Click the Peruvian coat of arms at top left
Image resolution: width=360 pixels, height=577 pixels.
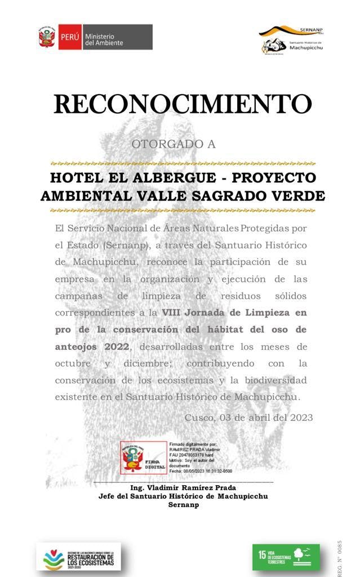click(x=47, y=37)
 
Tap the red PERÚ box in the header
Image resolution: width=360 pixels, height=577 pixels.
click(x=70, y=37)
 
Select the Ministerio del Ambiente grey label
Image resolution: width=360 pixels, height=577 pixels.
click(x=117, y=37)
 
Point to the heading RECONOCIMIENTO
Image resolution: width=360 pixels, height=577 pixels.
click(x=183, y=104)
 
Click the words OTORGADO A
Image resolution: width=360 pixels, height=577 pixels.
click(x=174, y=144)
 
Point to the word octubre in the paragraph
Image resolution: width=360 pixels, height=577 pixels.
click(x=73, y=363)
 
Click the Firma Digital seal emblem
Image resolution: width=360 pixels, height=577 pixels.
click(x=135, y=456)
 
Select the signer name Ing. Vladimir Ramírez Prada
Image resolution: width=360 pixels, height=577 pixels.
click(x=183, y=487)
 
